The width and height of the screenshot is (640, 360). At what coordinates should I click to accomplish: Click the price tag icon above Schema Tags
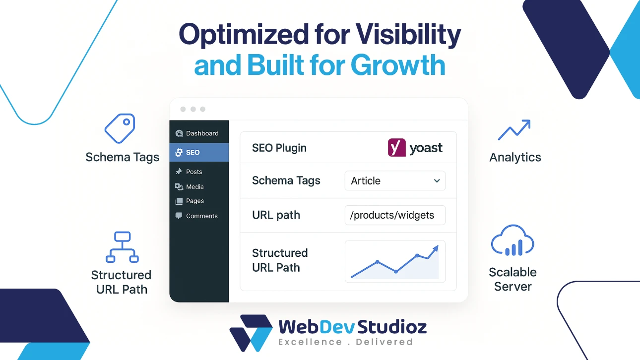coord(120,128)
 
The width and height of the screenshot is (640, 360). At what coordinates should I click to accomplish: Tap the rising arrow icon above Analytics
coord(514,130)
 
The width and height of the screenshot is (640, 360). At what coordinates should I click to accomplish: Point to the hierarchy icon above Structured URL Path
coord(122,247)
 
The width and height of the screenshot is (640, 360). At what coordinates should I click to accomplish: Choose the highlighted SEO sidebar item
coord(198,152)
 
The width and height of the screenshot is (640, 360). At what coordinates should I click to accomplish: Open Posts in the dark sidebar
coord(193,172)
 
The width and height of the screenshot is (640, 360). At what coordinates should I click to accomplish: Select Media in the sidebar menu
coord(194,186)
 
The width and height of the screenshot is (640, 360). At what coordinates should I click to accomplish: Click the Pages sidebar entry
coord(194,201)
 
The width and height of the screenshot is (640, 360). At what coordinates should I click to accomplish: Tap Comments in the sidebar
coord(201,216)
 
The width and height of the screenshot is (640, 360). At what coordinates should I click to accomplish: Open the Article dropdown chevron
coord(437,181)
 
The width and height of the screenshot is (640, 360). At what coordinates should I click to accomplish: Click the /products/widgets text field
coord(395,216)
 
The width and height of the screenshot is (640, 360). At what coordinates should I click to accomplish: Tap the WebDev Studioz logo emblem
coord(250,332)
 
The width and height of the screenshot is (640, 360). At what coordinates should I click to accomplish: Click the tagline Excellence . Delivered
coord(345,342)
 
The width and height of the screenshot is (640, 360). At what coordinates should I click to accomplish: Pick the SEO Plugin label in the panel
coord(279,148)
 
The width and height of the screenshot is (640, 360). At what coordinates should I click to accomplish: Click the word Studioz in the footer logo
coord(394,327)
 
